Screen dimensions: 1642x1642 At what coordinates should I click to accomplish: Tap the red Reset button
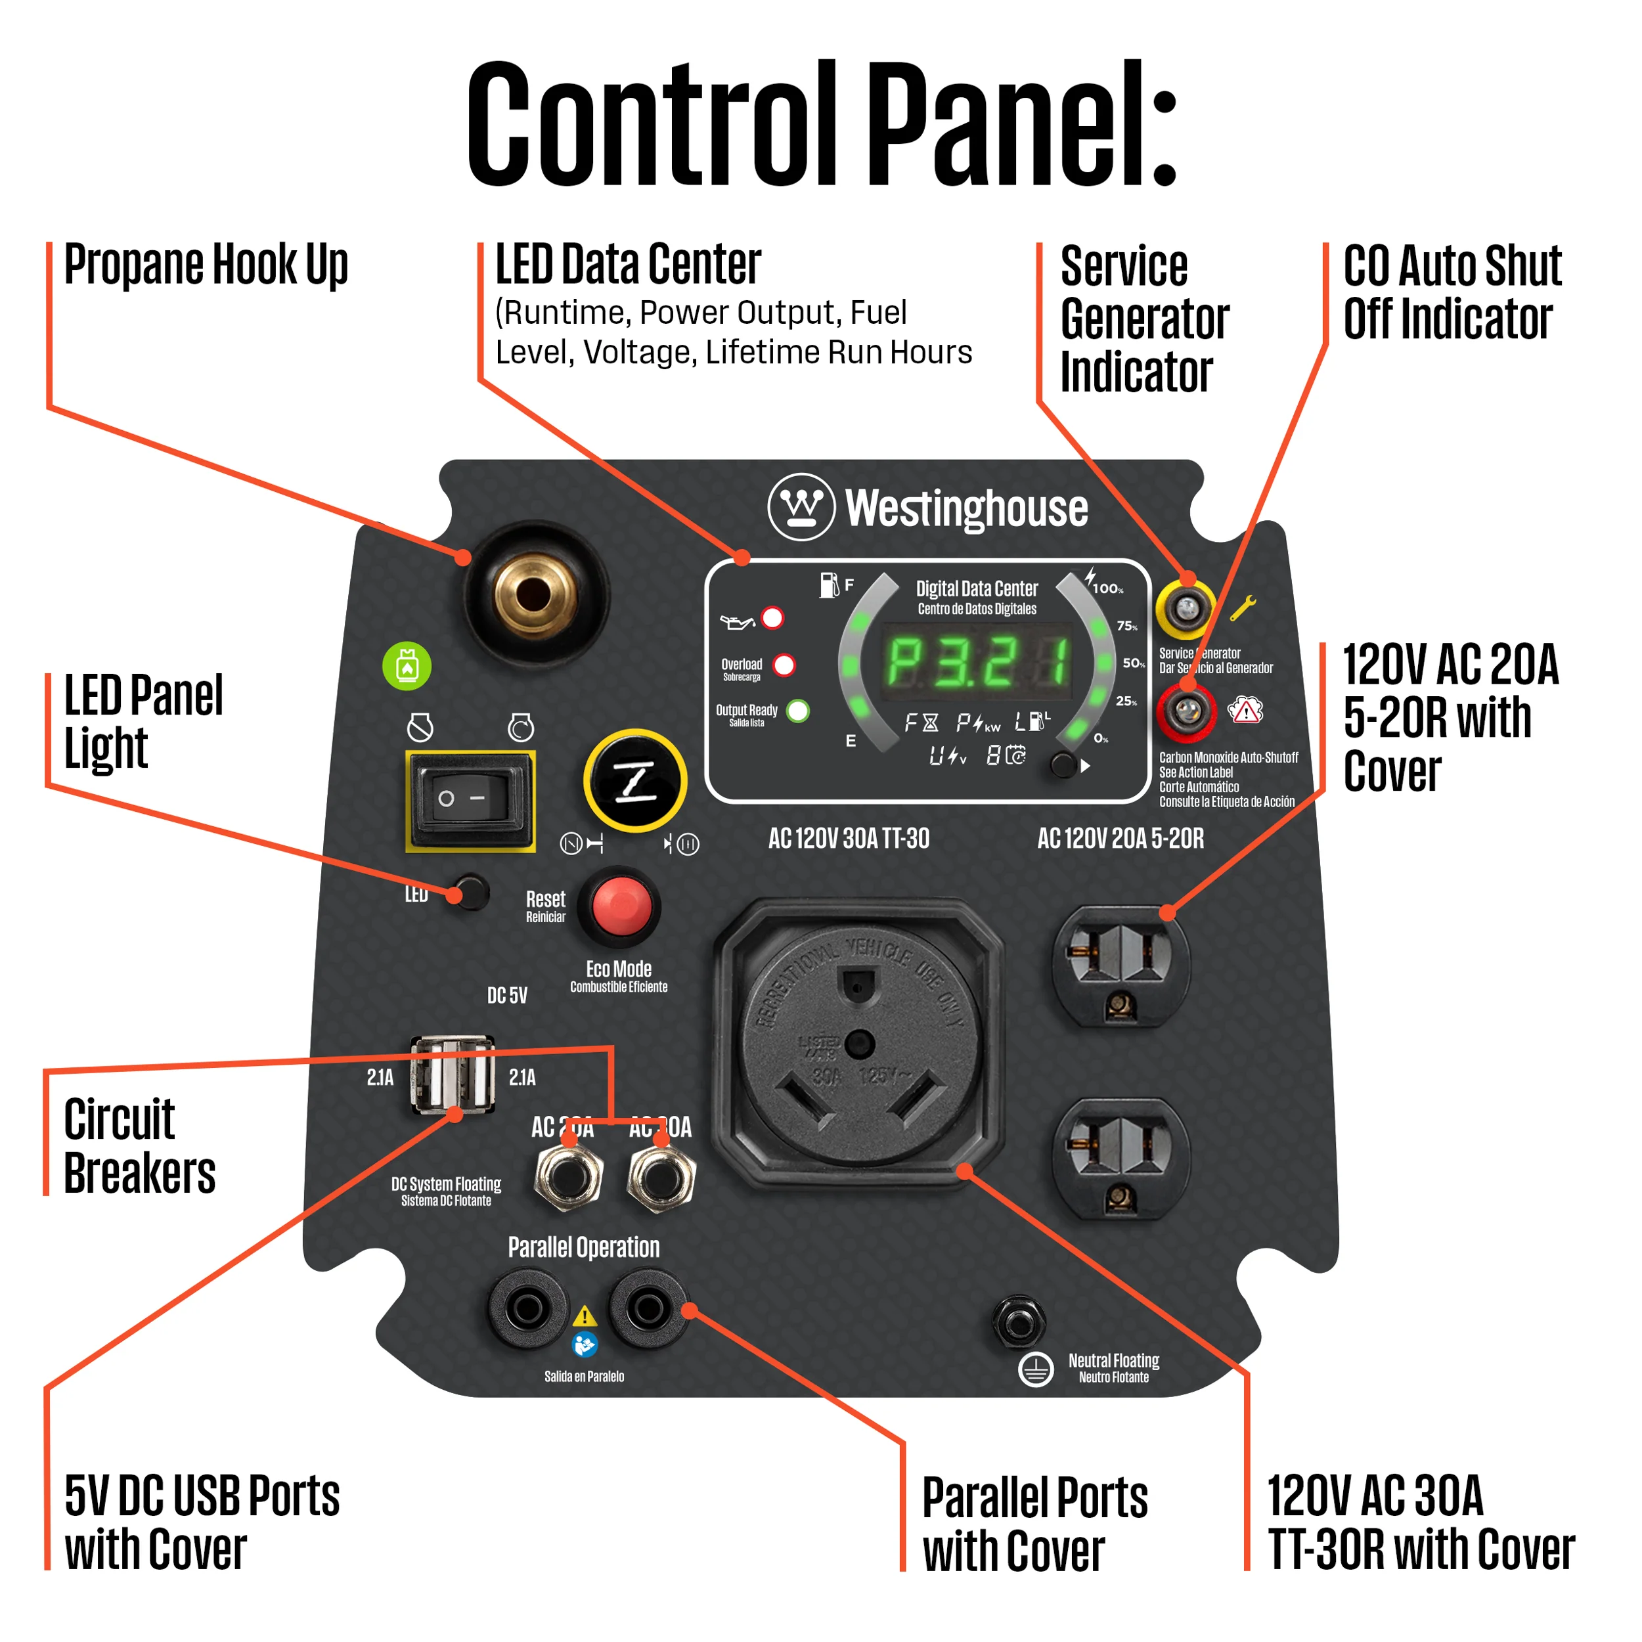[x=621, y=906]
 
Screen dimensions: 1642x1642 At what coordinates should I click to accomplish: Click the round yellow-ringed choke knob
[x=635, y=780]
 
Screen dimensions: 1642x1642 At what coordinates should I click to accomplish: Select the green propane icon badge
[x=407, y=665]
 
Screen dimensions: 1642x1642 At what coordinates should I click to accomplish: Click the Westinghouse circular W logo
[x=801, y=508]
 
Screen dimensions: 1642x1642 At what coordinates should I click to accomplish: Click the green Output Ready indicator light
[x=798, y=711]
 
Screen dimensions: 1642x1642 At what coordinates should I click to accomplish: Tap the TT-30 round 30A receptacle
[x=858, y=1044]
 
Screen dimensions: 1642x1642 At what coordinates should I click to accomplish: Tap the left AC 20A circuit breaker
[x=569, y=1177]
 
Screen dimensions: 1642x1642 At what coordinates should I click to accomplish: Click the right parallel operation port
[x=648, y=1309]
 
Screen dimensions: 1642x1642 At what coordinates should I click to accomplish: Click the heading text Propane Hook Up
[x=206, y=265]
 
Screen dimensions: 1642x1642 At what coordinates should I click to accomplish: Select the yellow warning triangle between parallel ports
[x=585, y=1316]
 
